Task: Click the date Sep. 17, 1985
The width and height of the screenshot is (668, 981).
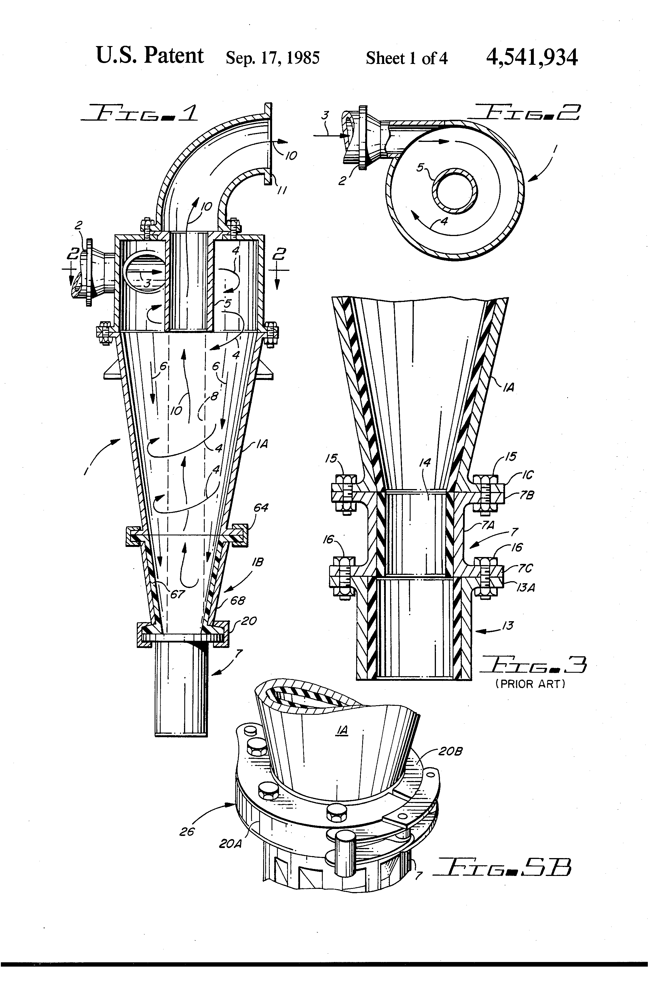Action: (272, 58)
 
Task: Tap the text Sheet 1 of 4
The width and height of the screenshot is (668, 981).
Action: (406, 58)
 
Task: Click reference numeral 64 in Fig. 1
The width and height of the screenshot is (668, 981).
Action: (261, 508)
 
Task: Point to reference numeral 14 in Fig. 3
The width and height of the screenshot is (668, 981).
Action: (424, 463)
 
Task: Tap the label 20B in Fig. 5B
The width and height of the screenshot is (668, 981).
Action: (451, 751)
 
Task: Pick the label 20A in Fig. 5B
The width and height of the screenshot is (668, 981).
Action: (230, 843)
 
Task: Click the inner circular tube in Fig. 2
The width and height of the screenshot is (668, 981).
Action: (456, 193)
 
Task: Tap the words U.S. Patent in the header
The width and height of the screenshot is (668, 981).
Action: (150, 56)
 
